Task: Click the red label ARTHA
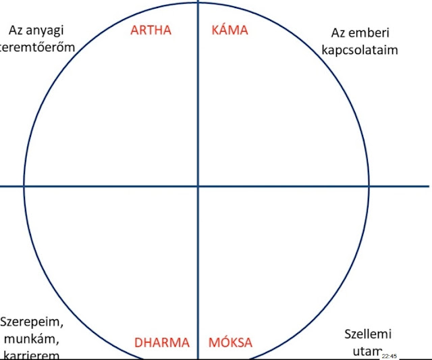pos(151,30)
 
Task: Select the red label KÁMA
pos(230,30)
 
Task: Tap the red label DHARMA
pos(161,342)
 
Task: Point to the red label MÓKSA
pos(230,342)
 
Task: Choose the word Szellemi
pos(368,334)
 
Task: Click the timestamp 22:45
pos(389,355)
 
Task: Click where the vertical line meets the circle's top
pos(198,3)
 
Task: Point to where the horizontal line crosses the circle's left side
pos(24,186)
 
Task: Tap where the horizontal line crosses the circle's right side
pos(371,186)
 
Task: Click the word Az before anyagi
pos(18,30)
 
